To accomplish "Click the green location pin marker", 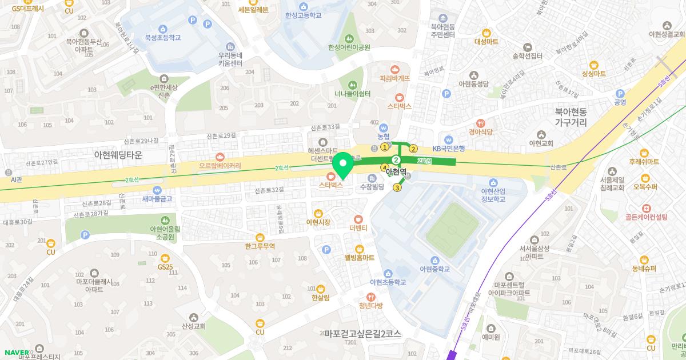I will [343, 166].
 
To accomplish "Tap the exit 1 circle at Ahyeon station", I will [385, 147].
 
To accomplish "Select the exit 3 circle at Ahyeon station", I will [397, 187].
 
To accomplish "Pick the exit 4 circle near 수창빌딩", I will [384, 167].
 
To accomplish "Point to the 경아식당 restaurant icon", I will [481, 122].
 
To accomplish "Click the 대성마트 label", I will [486, 42].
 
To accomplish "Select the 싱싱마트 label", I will [593, 74].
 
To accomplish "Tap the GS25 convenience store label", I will [165, 267].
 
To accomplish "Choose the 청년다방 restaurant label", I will [370, 305].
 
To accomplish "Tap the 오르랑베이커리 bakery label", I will [220, 166].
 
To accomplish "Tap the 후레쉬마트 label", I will [644, 162].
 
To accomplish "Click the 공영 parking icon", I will [620, 94].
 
